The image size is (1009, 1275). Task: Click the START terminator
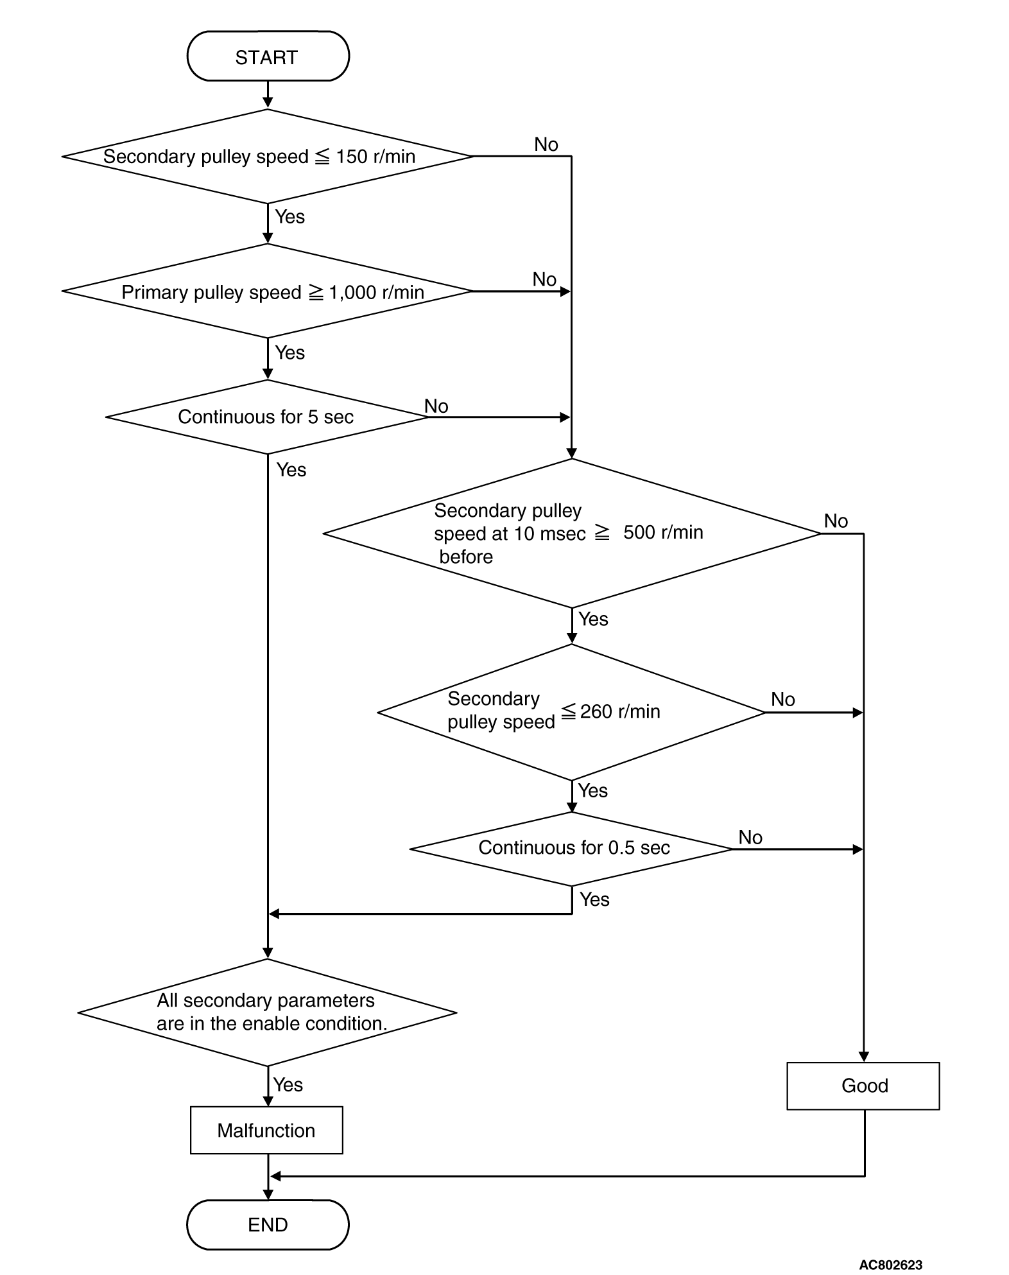pos(268,56)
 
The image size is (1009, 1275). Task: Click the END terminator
pos(268,1224)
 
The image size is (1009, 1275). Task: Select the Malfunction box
pos(266,1130)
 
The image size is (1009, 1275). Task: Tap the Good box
pos(863,1086)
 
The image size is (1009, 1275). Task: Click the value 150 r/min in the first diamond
pos(375,157)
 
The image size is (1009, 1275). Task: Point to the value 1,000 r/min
pos(377,293)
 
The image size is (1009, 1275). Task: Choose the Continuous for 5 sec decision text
pos(266,417)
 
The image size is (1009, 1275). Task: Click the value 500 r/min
pos(663,532)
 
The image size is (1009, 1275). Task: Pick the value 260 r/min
pos(620,711)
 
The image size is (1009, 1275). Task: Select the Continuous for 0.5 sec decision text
pos(574,848)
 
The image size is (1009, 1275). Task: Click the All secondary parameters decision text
pos(272,1012)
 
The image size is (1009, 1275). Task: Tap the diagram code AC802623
pos(890,1265)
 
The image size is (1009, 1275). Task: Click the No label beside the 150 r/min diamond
pos(546,144)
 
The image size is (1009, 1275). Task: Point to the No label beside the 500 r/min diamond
pos(836,521)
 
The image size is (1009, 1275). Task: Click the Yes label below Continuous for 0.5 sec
pos(594,899)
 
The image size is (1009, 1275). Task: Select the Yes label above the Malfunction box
pos(288,1085)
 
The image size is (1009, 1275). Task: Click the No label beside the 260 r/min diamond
pos(783,699)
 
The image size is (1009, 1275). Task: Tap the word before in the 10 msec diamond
pos(466,557)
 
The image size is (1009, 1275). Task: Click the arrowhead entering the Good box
pos(863,1057)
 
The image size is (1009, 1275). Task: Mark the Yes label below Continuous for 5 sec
pos(291,470)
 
